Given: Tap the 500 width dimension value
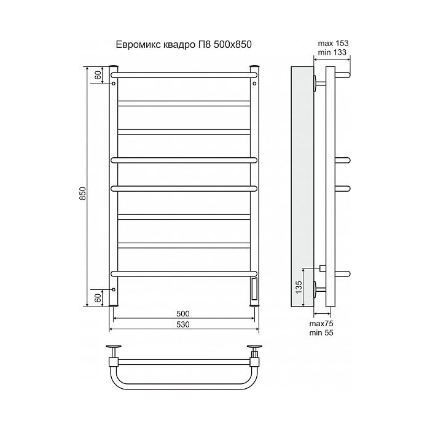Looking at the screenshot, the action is pos(183,313).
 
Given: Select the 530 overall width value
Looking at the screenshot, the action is pos(183,324).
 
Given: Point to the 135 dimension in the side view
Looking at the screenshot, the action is pos(299,287).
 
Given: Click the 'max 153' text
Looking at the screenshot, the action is pos(333,44).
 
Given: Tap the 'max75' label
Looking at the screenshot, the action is pos(321,324).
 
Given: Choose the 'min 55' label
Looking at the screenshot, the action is pos(321,333).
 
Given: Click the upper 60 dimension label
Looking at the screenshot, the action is pos(98,74).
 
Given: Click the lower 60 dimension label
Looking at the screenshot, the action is pos(98,297).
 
